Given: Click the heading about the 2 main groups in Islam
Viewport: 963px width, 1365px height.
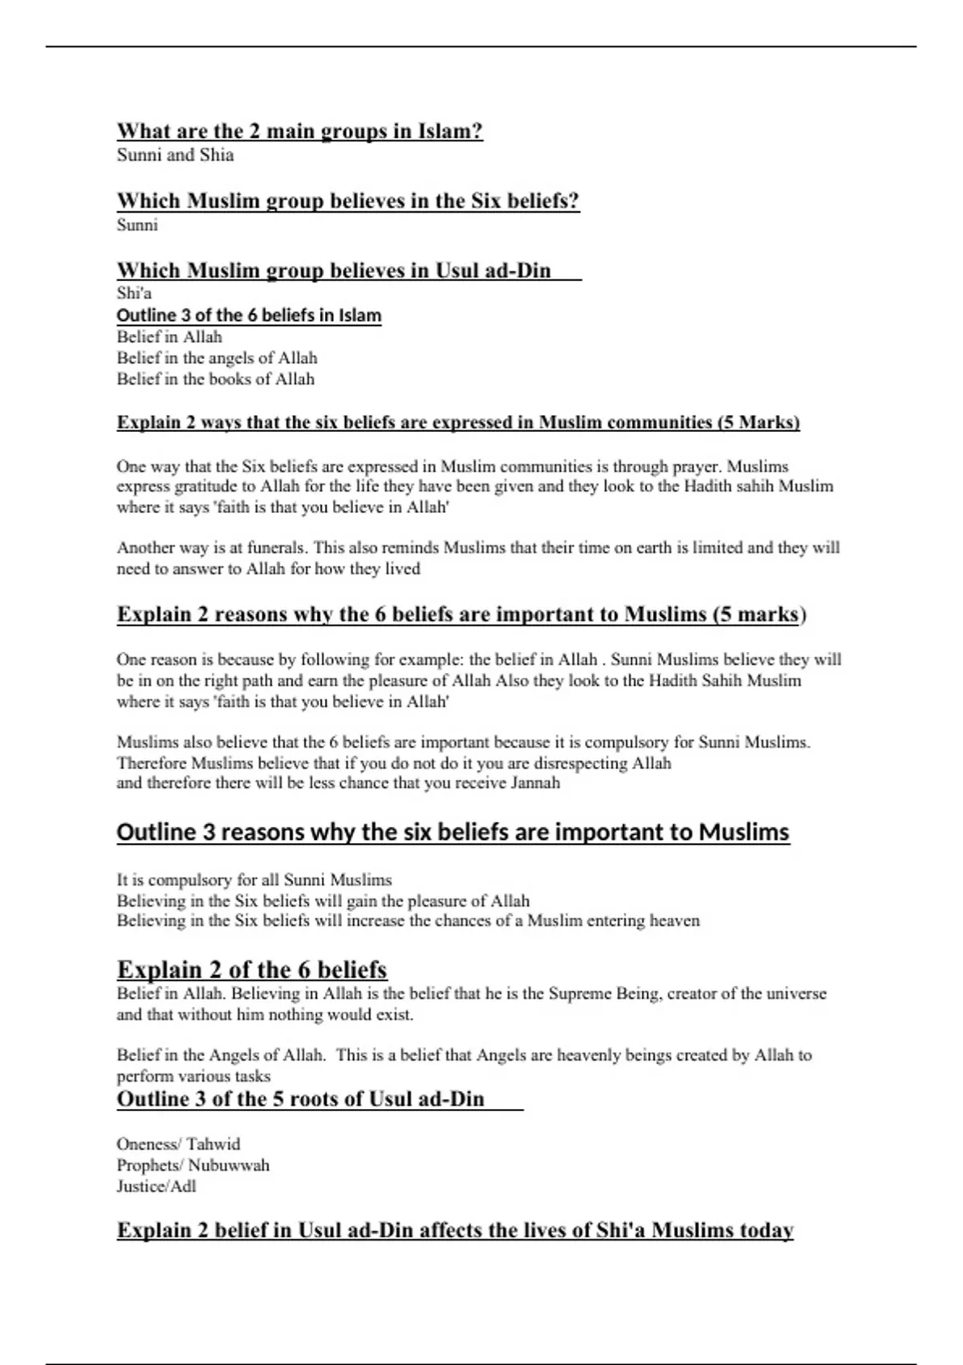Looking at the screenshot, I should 299,131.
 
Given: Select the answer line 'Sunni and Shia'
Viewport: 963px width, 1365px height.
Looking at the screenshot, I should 175,155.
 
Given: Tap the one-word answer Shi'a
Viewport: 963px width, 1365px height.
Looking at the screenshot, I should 134,293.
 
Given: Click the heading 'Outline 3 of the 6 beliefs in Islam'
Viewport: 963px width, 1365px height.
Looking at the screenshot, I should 249,316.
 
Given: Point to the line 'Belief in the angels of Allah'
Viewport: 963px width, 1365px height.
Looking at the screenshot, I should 217,358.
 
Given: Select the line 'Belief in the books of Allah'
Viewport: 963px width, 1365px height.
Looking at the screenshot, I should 215,379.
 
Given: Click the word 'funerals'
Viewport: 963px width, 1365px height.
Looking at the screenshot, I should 274,548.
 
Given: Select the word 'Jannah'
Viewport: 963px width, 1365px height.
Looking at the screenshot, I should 535,783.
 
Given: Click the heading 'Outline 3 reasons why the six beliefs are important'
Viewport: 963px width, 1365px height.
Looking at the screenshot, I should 453,832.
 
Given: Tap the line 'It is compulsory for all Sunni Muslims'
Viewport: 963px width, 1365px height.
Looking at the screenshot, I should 254,880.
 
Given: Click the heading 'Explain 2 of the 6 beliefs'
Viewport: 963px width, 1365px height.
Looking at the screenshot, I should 252,970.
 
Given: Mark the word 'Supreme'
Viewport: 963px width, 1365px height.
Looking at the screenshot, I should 579,994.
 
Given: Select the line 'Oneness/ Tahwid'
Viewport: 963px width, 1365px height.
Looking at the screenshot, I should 178,1144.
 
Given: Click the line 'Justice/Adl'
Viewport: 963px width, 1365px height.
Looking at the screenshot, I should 156,1187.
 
